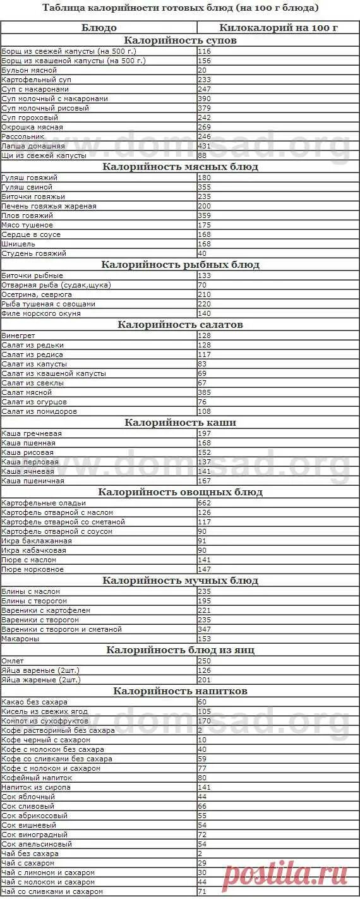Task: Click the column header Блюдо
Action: [x=99, y=28]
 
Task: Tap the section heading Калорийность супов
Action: [x=180, y=40]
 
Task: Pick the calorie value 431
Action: [x=205, y=146]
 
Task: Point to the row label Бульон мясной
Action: [x=30, y=70]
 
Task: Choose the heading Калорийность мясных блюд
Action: [x=180, y=167]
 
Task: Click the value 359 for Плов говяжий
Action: [x=205, y=215]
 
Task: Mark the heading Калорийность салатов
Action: [x=180, y=325]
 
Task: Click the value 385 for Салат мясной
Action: [x=205, y=392]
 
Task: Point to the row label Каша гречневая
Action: [x=32, y=433]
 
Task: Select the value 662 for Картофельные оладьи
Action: [x=205, y=503]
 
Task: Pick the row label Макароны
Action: [x=20, y=639]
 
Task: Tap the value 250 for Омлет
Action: [x=205, y=661]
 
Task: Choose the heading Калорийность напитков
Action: [x=180, y=691]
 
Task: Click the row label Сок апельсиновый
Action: [x=37, y=844]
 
